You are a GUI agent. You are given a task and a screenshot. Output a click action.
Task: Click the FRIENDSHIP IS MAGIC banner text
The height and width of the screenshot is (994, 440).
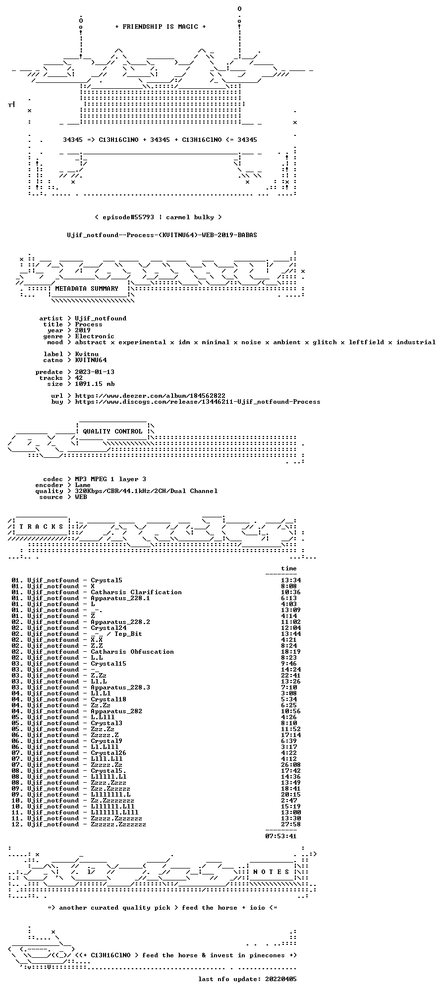[x=160, y=27]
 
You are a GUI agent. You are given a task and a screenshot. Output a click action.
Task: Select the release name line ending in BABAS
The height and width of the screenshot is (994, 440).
[x=162, y=235]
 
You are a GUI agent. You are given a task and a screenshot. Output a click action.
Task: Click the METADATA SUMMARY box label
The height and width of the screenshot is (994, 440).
[x=87, y=289]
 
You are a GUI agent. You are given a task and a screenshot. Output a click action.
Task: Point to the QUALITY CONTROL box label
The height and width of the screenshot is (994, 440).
[x=112, y=432]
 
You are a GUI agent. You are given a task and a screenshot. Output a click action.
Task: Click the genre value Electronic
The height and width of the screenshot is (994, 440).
[x=95, y=336]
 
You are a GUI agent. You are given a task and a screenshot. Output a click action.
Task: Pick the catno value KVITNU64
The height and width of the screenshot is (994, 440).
[x=91, y=360]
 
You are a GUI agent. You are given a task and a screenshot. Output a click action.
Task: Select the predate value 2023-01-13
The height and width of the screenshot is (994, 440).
[x=95, y=372]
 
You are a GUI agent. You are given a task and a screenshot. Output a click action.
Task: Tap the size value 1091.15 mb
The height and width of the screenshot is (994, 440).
[x=95, y=384]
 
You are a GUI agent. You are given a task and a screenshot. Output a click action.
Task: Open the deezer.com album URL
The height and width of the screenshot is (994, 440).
[x=150, y=396]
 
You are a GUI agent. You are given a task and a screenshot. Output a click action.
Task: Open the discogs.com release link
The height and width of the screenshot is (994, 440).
[x=198, y=402]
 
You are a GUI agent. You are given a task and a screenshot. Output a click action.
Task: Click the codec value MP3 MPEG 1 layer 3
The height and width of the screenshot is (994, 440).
[x=110, y=479]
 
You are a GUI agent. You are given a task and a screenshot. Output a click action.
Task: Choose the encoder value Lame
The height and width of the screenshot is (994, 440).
[x=83, y=485]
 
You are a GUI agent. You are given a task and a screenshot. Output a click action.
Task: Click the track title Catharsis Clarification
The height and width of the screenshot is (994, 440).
[x=136, y=592]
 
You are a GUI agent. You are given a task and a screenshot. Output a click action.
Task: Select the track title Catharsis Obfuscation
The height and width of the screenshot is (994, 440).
[x=132, y=652]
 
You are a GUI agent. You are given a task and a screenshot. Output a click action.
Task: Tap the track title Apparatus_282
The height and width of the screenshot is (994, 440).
[x=116, y=711]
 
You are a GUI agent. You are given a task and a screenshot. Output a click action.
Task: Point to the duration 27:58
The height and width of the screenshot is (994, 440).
[x=291, y=824]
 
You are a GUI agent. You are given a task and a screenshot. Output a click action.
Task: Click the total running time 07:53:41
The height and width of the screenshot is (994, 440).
[x=281, y=836]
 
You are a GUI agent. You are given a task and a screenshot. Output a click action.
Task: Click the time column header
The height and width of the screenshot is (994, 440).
[x=289, y=568]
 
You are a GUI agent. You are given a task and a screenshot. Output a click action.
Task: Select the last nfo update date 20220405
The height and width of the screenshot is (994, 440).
[x=281, y=979]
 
